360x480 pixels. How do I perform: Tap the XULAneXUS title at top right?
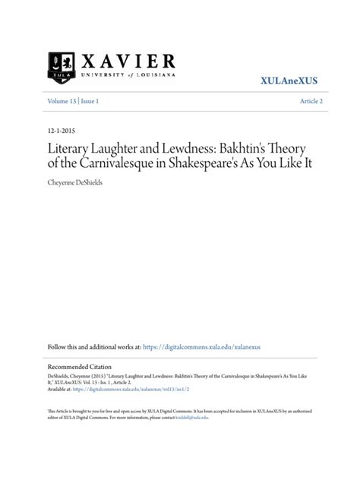292,80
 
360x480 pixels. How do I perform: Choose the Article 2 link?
311,101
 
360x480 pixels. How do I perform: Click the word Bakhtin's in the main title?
249,147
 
